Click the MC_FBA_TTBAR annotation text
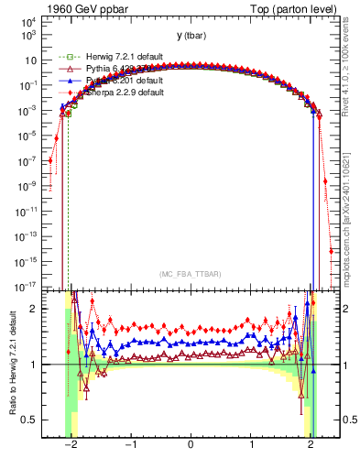tap(190, 274)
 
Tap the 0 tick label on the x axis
tap(191, 445)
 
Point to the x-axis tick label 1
tap(251, 445)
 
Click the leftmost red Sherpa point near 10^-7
tap(50, 160)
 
